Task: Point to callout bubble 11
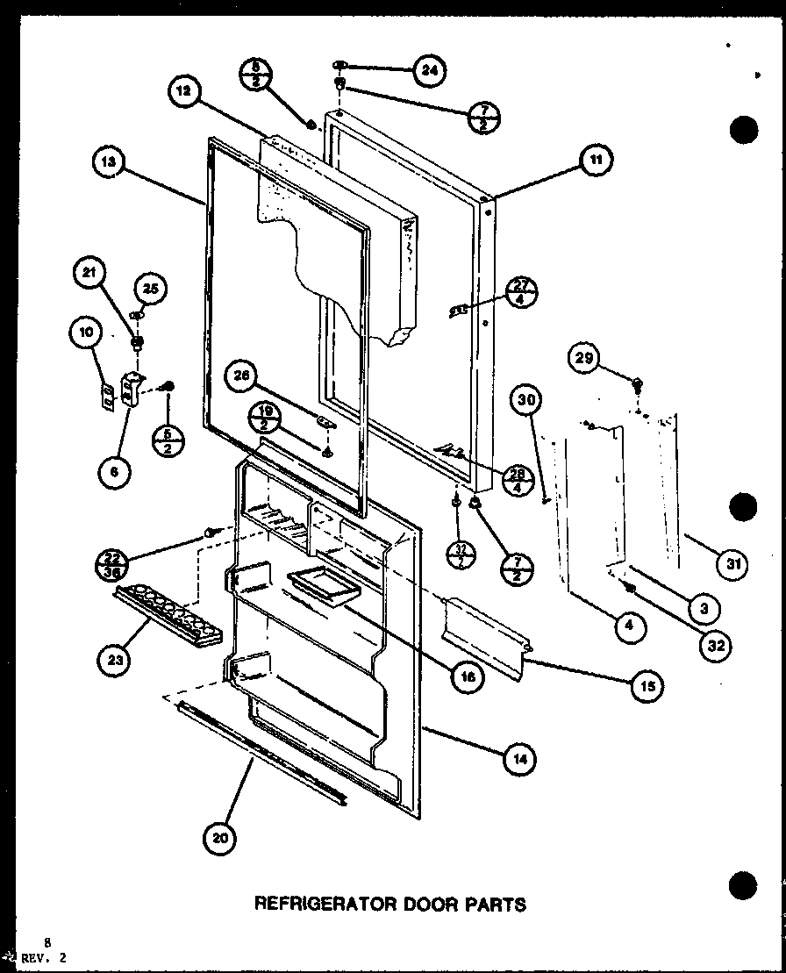(597, 160)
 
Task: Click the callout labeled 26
(240, 376)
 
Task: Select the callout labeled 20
(220, 839)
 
